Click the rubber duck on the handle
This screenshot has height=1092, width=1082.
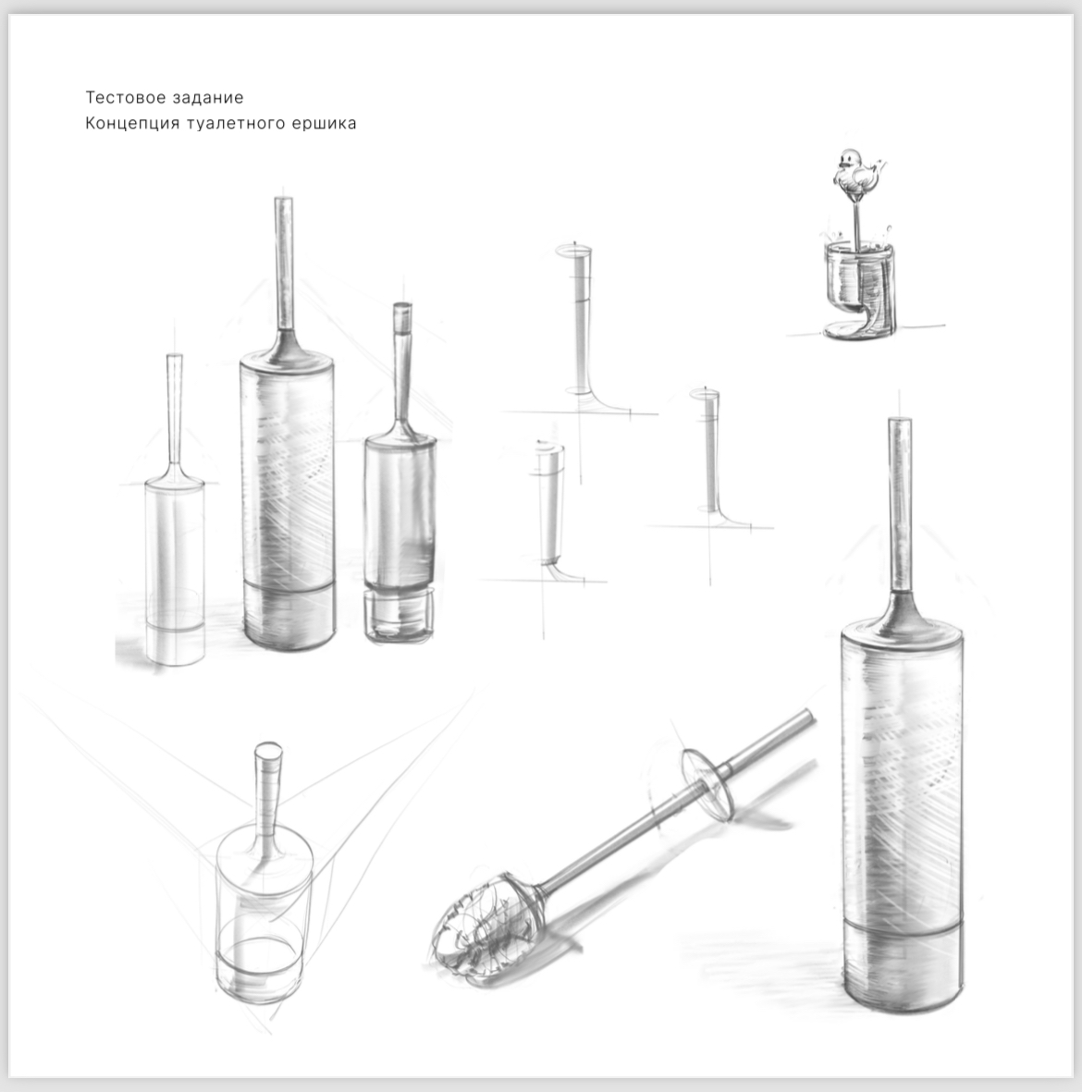(x=856, y=171)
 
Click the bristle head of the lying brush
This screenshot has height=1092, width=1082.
(x=481, y=926)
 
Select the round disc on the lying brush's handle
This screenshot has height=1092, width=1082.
(x=707, y=783)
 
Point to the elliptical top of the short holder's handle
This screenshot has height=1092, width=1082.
(x=269, y=751)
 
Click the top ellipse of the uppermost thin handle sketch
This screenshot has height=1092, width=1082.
(x=573, y=250)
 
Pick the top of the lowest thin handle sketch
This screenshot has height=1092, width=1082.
(x=549, y=447)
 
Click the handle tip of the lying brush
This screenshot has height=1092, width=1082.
(x=808, y=716)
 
